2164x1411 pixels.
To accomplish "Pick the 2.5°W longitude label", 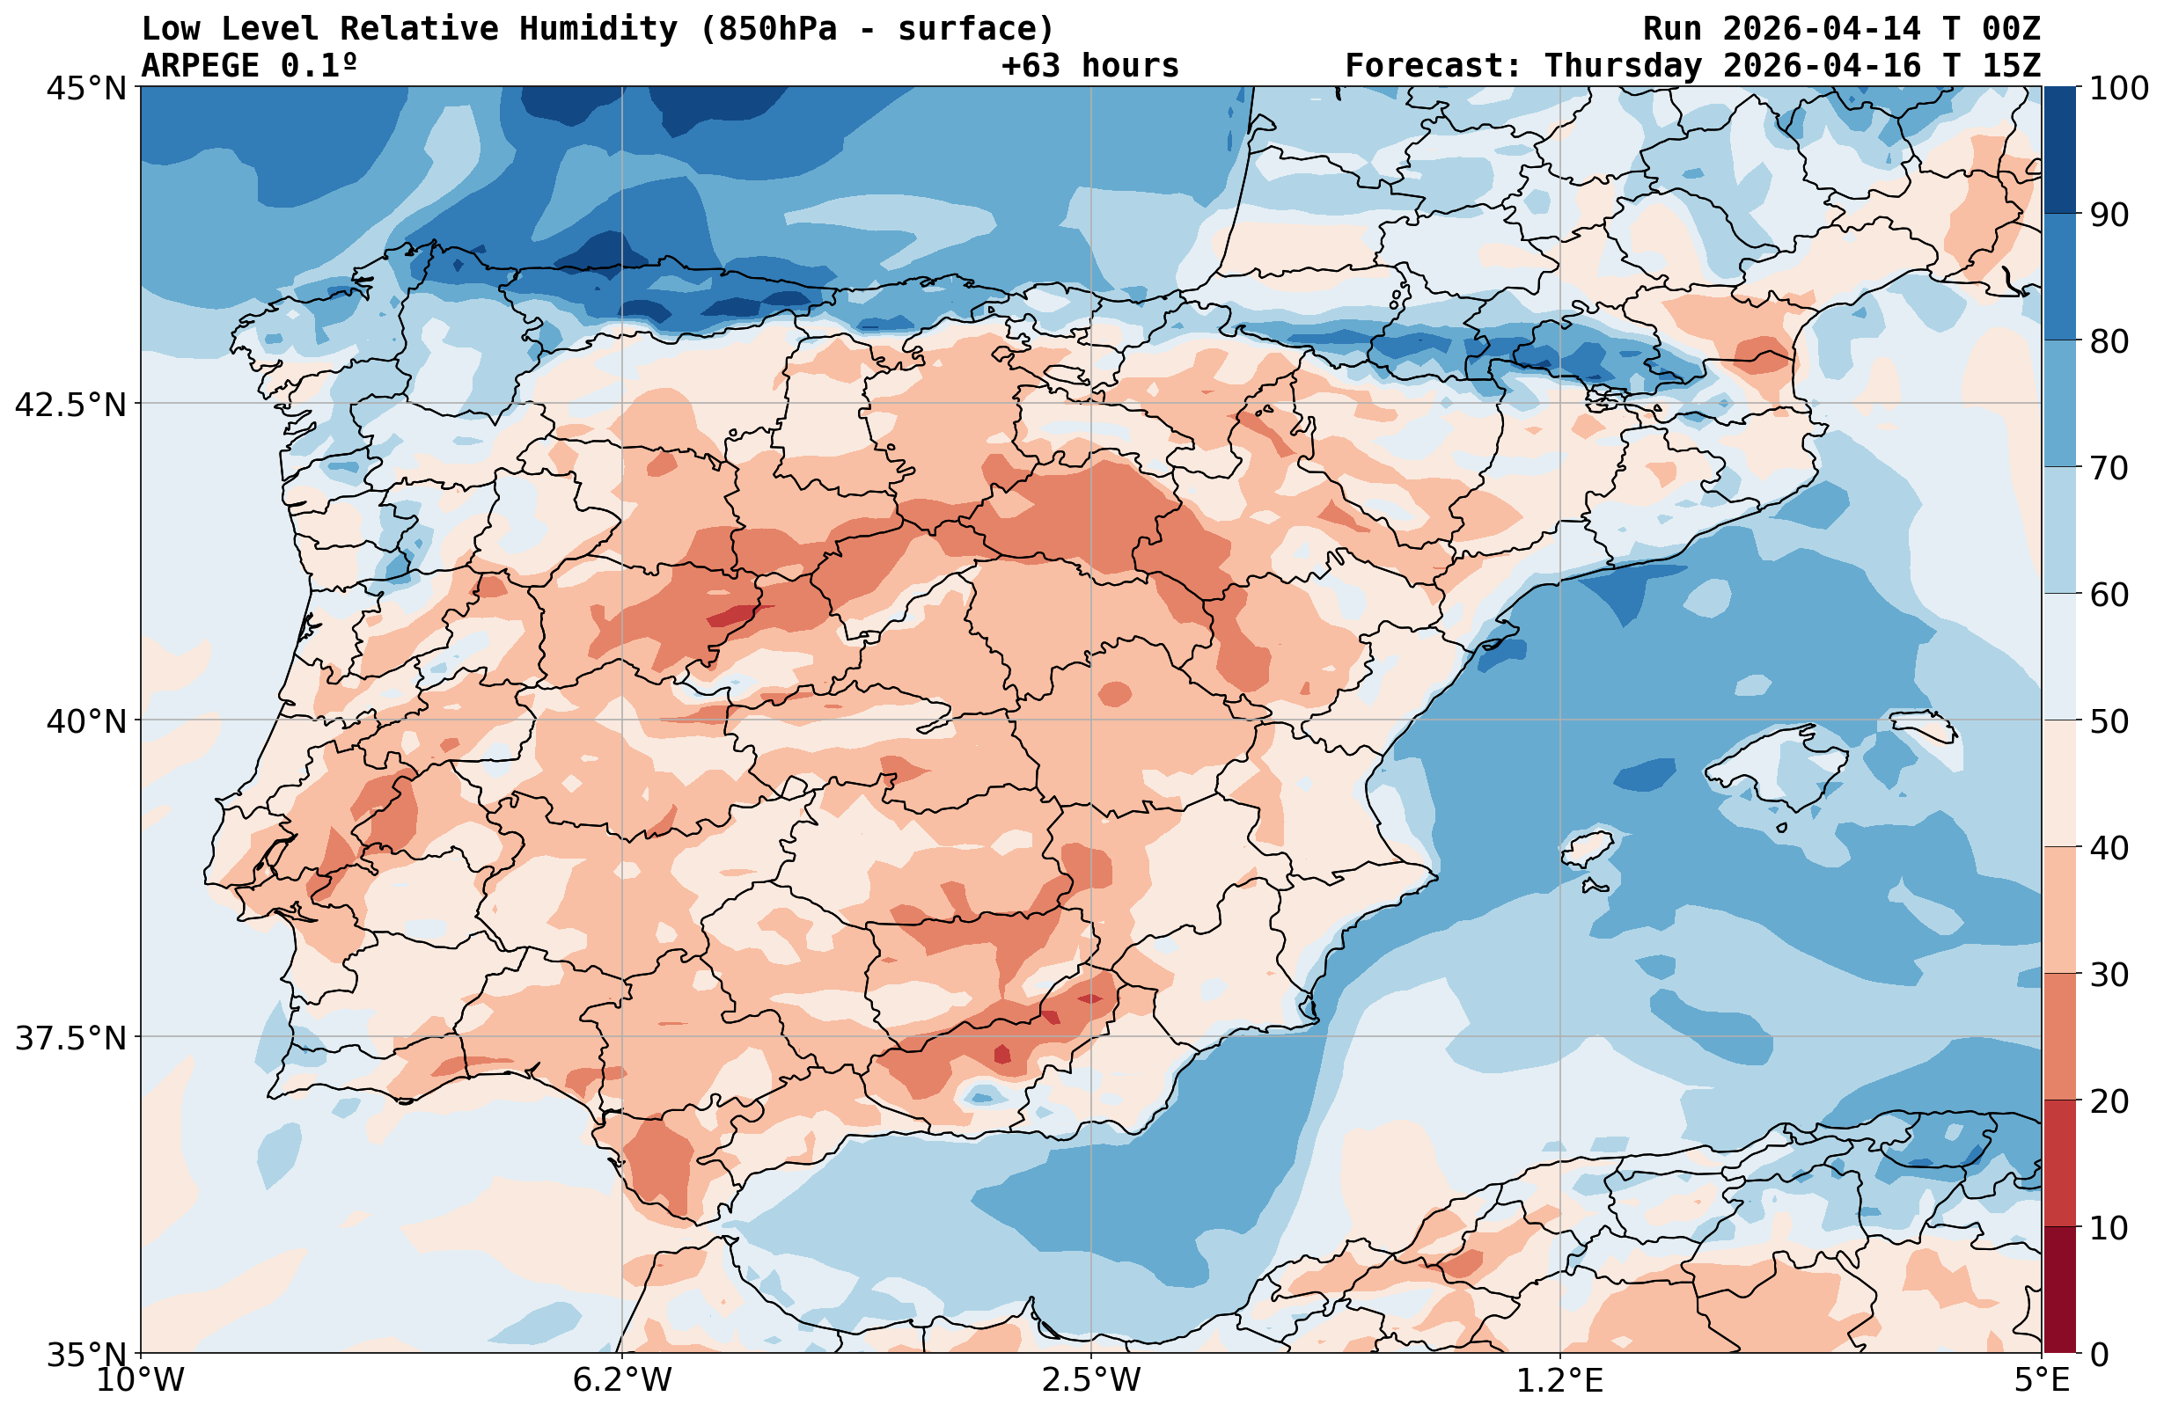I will pos(1090,1380).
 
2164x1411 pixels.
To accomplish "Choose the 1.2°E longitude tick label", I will pos(1559,1380).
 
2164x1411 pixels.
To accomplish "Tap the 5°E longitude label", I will pos(2042,1380).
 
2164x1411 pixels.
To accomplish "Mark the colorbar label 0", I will pos(2099,1355).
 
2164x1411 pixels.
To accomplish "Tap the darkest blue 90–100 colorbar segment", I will pos(2059,150).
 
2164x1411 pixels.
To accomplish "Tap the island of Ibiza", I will pos(1587,848).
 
